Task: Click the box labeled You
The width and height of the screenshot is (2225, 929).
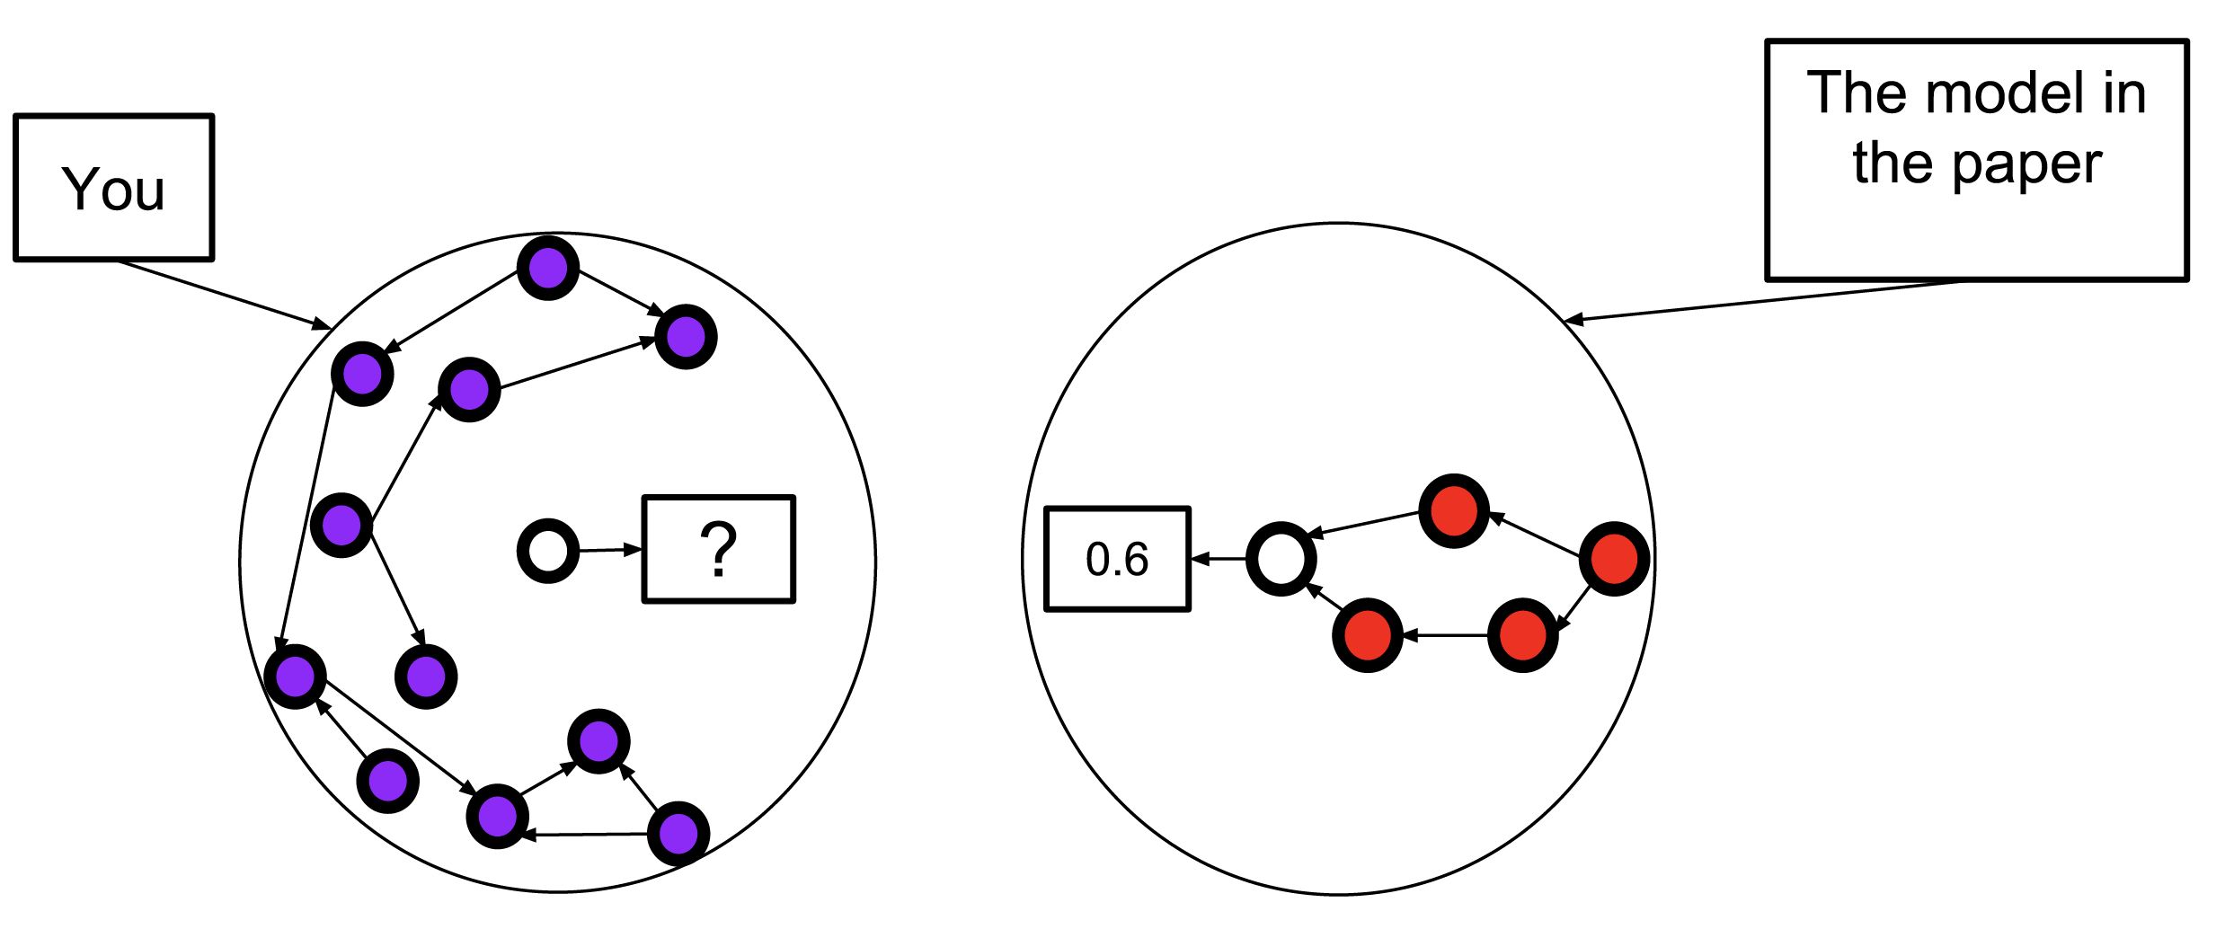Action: pyautogui.click(x=114, y=188)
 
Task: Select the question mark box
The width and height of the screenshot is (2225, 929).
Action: pyautogui.click(x=719, y=549)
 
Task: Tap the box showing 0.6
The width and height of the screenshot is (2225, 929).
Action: pyautogui.click(x=1117, y=559)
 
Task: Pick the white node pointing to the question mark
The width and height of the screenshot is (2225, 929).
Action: pyautogui.click(x=548, y=551)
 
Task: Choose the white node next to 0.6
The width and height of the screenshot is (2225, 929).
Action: pyautogui.click(x=1281, y=559)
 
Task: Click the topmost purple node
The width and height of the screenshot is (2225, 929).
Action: pyautogui.click(x=548, y=268)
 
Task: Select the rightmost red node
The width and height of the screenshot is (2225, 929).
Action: pyautogui.click(x=1614, y=559)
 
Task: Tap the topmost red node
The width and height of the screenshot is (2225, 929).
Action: pyautogui.click(x=1454, y=510)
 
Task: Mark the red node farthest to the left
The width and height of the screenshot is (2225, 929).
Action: pyautogui.click(x=1368, y=635)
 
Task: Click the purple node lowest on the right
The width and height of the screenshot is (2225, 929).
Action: pyautogui.click(x=678, y=834)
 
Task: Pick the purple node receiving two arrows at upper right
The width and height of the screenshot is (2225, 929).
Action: pyautogui.click(x=687, y=337)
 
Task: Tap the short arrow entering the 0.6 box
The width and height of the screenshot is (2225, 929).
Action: pyautogui.click(x=1219, y=559)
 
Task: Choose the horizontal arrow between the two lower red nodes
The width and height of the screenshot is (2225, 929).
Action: pyautogui.click(x=1445, y=635)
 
